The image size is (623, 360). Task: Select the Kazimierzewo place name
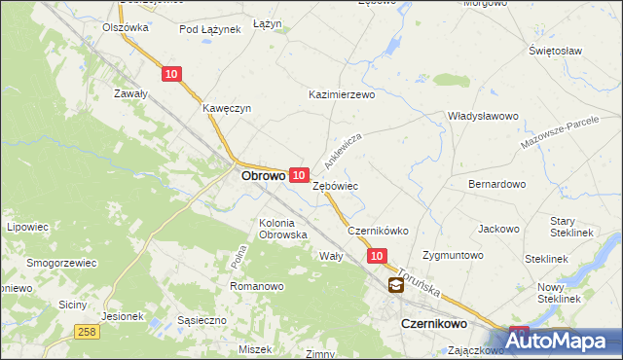pyautogui.click(x=341, y=95)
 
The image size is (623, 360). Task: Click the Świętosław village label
pyautogui.click(x=555, y=50)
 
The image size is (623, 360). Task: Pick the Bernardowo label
pyautogui.click(x=496, y=183)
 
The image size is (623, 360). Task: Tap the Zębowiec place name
pyautogui.click(x=336, y=185)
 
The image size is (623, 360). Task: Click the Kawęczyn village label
pyautogui.click(x=227, y=109)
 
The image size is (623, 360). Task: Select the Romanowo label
pyautogui.click(x=256, y=286)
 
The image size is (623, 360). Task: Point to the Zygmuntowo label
pyautogui.click(x=455, y=255)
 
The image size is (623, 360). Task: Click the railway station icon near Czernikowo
pyautogui.click(x=396, y=285)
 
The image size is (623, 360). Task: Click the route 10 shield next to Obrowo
pyautogui.click(x=300, y=173)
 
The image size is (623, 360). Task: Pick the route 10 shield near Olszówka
pyautogui.click(x=171, y=73)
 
